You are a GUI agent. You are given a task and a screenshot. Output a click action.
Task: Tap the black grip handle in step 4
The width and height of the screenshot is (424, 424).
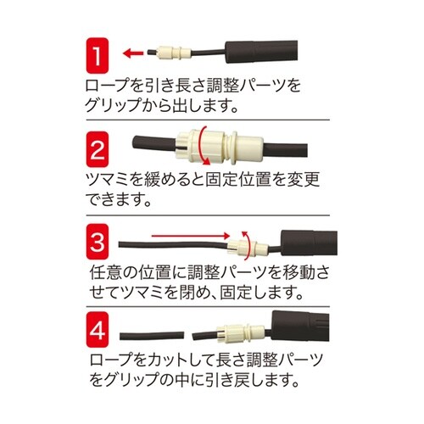305,330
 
